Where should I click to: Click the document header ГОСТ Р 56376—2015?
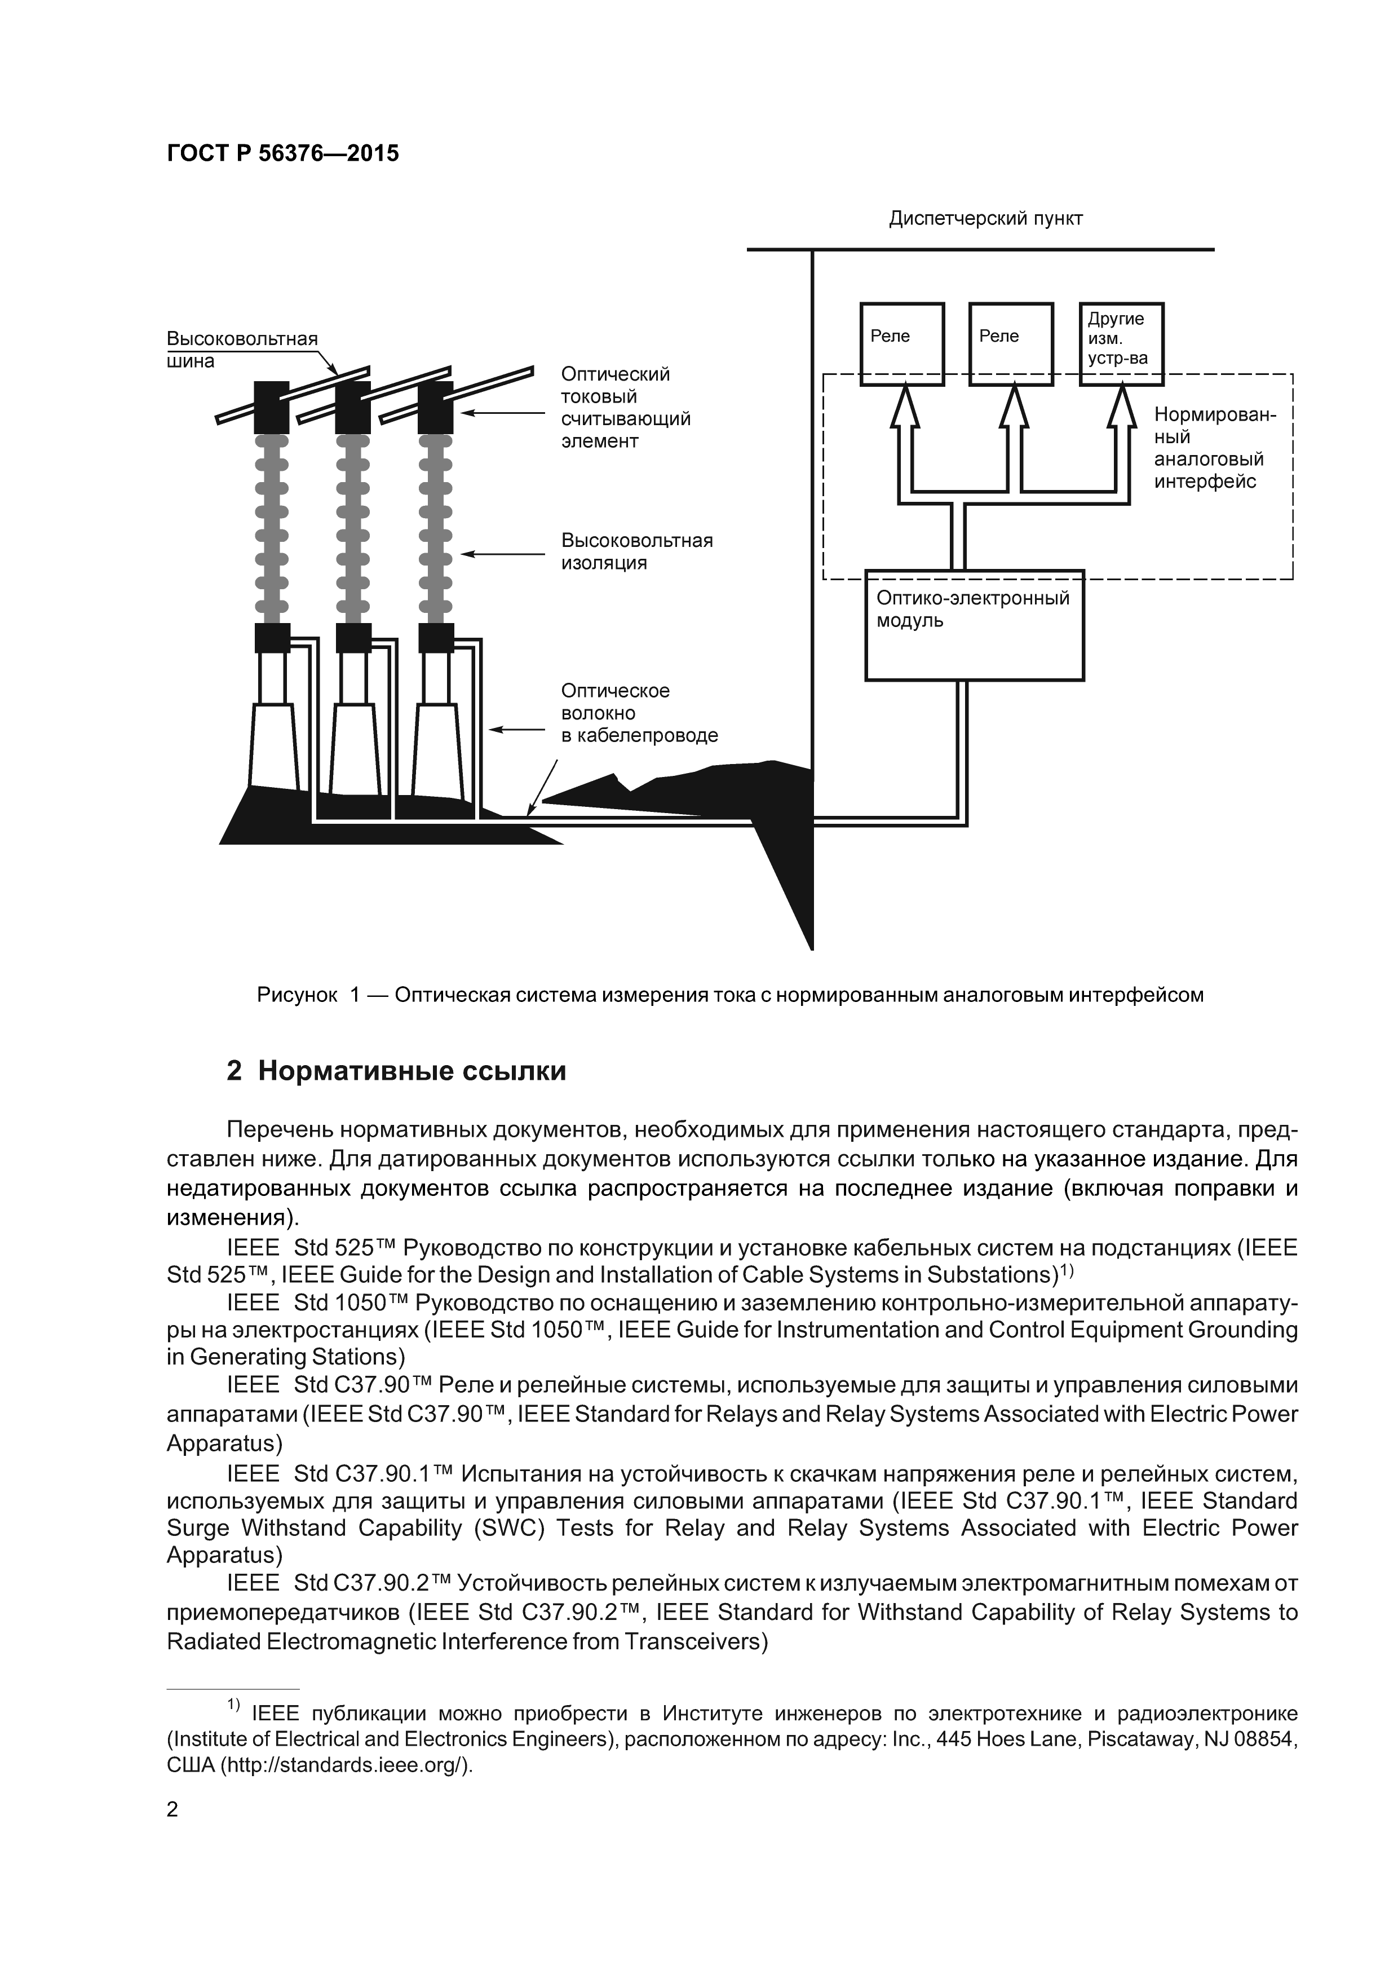(x=282, y=153)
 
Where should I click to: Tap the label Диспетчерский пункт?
(x=985, y=219)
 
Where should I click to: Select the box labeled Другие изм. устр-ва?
(x=1121, y=343)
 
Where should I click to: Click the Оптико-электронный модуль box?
(x=974, y=625)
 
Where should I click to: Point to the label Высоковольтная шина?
(x=241, y=349)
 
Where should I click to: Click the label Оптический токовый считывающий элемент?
(x=625, y=408)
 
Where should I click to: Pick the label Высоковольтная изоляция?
(x=636, y=551)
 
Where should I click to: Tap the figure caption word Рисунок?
(x=297, y=995)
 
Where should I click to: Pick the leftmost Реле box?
(x=902, y=343)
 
